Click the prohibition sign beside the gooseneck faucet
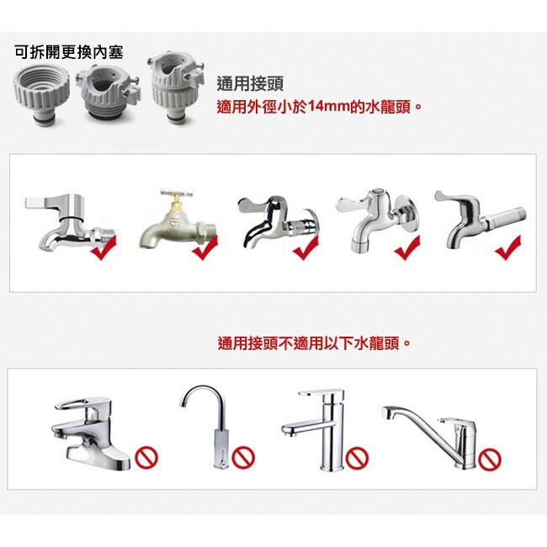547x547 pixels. click(x=243, y=458)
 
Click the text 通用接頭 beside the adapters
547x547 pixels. click(x=250, y=83)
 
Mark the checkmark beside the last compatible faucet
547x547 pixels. click(x=507, y=247)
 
